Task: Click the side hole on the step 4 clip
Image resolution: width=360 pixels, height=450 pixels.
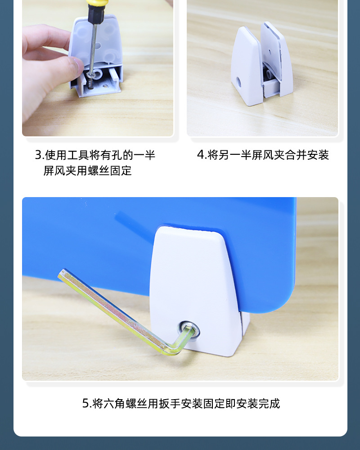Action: pos(239,82)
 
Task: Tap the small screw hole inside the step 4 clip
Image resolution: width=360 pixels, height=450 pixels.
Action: pos(270,52)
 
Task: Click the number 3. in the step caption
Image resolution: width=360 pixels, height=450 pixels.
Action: pos(39,155)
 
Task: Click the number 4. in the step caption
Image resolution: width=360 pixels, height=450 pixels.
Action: pos(202,155)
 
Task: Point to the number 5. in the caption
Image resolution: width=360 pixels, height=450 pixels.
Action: pos(87,404)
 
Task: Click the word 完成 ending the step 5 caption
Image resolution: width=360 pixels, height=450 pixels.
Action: pos(269,404)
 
